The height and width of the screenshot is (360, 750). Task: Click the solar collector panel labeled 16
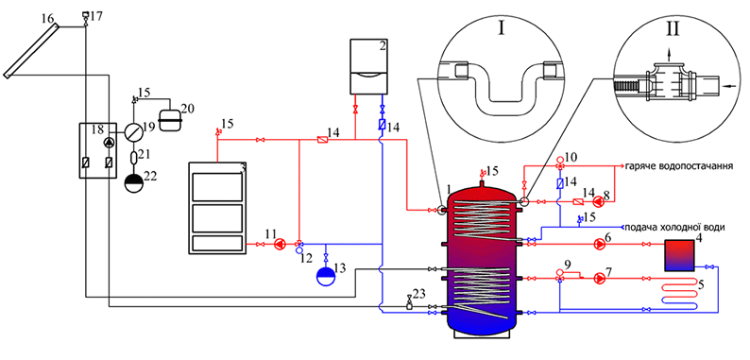[x=31, y=51]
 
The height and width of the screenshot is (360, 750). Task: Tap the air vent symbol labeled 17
[x=86, y=18]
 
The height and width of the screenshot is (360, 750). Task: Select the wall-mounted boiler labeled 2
[x=368, y=66]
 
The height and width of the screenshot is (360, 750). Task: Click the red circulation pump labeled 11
[x=280, y=245]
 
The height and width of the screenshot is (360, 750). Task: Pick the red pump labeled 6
[x=599, y=244]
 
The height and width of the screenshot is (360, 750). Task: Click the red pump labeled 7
[x=599, y=278]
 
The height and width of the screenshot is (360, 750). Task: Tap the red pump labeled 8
[x=599, y=202]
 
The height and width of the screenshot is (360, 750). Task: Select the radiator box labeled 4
[x=679, y=256]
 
